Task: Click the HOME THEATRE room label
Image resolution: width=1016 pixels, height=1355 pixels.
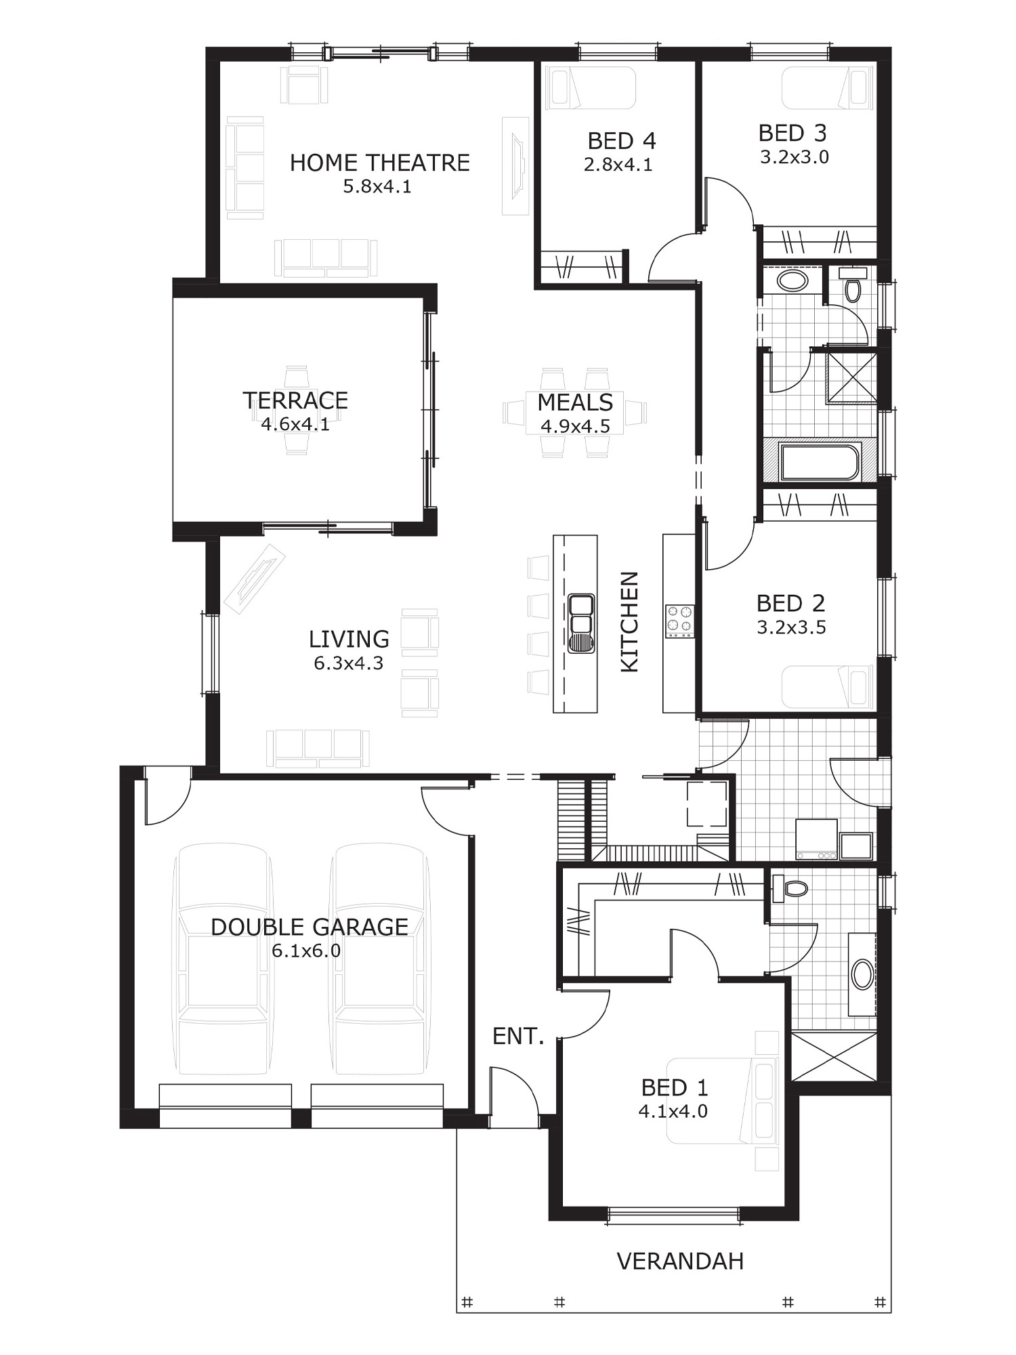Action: [x=379, y=163]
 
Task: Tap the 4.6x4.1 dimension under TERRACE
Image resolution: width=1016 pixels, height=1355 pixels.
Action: [x=295, y=425]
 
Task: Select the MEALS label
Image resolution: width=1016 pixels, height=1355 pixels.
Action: [x=575, y=402]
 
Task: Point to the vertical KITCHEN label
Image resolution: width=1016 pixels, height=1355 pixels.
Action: [x=629, y=622]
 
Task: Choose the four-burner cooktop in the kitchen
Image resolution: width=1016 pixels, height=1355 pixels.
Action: [x=680, y=621]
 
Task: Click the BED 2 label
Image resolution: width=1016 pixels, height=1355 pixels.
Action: [x=790, y=603]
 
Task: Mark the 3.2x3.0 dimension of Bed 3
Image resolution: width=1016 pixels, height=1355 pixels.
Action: [x=794, y=157]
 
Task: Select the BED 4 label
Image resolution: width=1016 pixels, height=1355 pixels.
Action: [x=621, y=141]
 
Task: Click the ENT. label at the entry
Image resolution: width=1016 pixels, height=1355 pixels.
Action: [x=518, y=1036]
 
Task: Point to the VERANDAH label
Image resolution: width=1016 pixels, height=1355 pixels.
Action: [x=680, y=1261]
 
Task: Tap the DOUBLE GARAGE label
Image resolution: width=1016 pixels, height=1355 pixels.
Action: [x=310, y=927]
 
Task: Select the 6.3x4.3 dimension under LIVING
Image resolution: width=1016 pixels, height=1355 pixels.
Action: [x=348, y=663]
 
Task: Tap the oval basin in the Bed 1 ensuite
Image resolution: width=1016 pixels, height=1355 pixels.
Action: [x=862, y=975]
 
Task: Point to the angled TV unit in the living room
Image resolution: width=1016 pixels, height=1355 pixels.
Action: [x=255, y=577]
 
